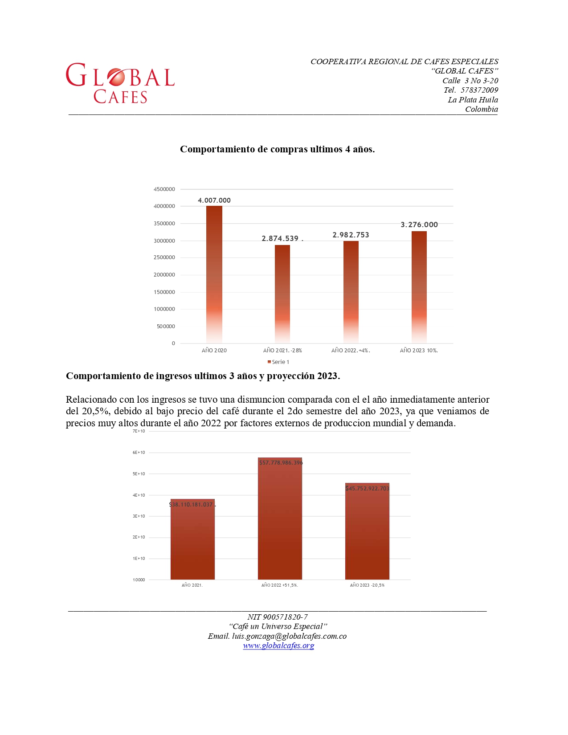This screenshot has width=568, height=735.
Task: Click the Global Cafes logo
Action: (x=120, y=83)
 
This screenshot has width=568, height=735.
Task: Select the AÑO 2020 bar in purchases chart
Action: (x=214, y=274)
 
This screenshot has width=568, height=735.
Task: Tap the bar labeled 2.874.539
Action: (x=282, y=294)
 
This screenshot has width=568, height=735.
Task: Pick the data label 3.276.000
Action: (x=419, y=225)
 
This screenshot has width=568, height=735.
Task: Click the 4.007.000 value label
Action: (x=214, y=200)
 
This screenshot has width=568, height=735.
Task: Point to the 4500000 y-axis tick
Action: (x=164, y=189)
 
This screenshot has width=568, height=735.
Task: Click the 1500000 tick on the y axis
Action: (x=164, y=292)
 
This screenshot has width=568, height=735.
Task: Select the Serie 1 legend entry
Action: (x=278, y=362)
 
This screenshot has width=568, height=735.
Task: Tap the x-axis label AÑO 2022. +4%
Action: (x=351, y=351)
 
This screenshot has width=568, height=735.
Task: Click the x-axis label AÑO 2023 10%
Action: (x=419, y=351)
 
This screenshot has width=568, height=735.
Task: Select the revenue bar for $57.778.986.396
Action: (x=280, y=519)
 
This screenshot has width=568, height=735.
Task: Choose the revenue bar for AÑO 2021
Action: (x=192, y=539)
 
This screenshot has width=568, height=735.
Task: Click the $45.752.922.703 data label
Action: (x=367, y=489)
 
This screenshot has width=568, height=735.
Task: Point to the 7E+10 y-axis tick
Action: (x=139, y=431)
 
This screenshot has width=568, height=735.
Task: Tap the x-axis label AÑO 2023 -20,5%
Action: (x=367, y=585)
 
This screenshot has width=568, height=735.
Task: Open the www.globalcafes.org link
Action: (x=278, y=645)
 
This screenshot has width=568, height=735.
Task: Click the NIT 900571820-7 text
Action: (x=278, y=617)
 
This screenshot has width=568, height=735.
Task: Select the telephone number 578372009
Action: (x=479, y=90)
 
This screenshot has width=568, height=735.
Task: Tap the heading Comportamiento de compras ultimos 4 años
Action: (x=277, y=149)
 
